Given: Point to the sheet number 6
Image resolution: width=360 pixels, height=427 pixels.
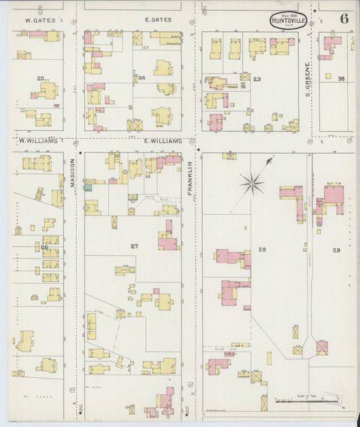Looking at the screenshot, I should [344, 19].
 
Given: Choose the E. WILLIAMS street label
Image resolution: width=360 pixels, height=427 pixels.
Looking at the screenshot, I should [163, 141].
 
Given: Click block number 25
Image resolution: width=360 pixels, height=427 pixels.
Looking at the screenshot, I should [41, 78].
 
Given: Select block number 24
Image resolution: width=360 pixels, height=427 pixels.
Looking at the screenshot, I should [142, 78].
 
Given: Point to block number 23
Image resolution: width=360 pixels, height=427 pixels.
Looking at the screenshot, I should [257, 78].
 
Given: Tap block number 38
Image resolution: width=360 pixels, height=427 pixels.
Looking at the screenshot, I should [342, 78].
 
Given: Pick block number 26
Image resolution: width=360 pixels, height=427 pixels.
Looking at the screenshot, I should [44, 247].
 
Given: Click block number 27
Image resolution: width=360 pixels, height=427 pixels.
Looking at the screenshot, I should [134, 246].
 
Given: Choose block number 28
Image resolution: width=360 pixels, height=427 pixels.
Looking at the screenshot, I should [262, 249].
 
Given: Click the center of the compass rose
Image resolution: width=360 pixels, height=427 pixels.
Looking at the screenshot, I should [252, 184].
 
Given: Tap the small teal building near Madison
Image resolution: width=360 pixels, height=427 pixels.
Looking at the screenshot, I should [88, 187].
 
